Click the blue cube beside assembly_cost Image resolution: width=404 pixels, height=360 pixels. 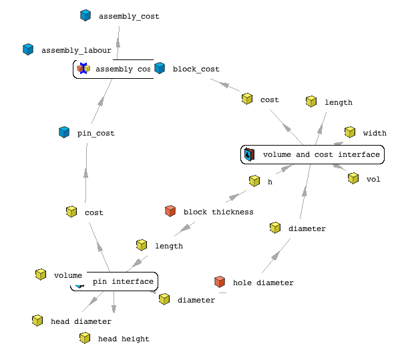(85, 15)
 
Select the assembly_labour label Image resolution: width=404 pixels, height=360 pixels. (76, 50)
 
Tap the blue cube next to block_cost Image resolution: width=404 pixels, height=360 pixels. (160, 68)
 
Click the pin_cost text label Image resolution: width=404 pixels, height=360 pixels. (96, 133)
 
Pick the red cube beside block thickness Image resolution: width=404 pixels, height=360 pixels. (170, 211)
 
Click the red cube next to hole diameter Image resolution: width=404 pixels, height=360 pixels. (220, 282)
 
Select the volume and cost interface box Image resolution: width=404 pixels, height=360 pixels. (313, 154)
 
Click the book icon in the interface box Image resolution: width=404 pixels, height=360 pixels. (249, 154)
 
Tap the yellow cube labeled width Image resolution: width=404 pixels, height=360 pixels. (350, 132)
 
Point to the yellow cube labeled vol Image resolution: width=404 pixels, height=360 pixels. (353, 178)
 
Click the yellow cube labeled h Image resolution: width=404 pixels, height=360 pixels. (254, 181)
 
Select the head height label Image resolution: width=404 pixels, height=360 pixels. (124, 339)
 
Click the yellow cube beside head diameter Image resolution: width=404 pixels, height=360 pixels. (37, 321)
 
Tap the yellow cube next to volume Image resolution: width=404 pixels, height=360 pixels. (41, 275)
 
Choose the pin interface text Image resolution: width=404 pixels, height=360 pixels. (123, 281)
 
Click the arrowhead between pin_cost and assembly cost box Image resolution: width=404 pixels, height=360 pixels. (101, 101)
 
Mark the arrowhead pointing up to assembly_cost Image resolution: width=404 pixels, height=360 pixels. (118, 43)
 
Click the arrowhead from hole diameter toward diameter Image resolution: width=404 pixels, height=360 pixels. (275, 256)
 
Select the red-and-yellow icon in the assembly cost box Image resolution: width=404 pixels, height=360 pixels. (83, 68)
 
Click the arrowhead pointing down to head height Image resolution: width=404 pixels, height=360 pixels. (114, 309)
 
